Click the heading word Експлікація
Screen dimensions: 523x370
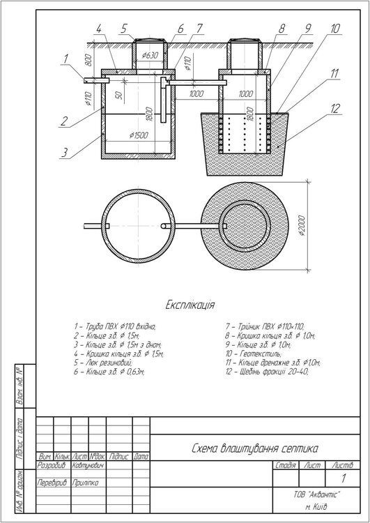pyautogui.click(x=190, y=305)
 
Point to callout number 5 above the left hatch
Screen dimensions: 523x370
pyautogui.click(x=124, y=29)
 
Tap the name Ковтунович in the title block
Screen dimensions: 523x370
pyautogui.click(x=87, y=465)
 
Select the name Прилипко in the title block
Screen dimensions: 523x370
pyautogui.click(x=85, y=483)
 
